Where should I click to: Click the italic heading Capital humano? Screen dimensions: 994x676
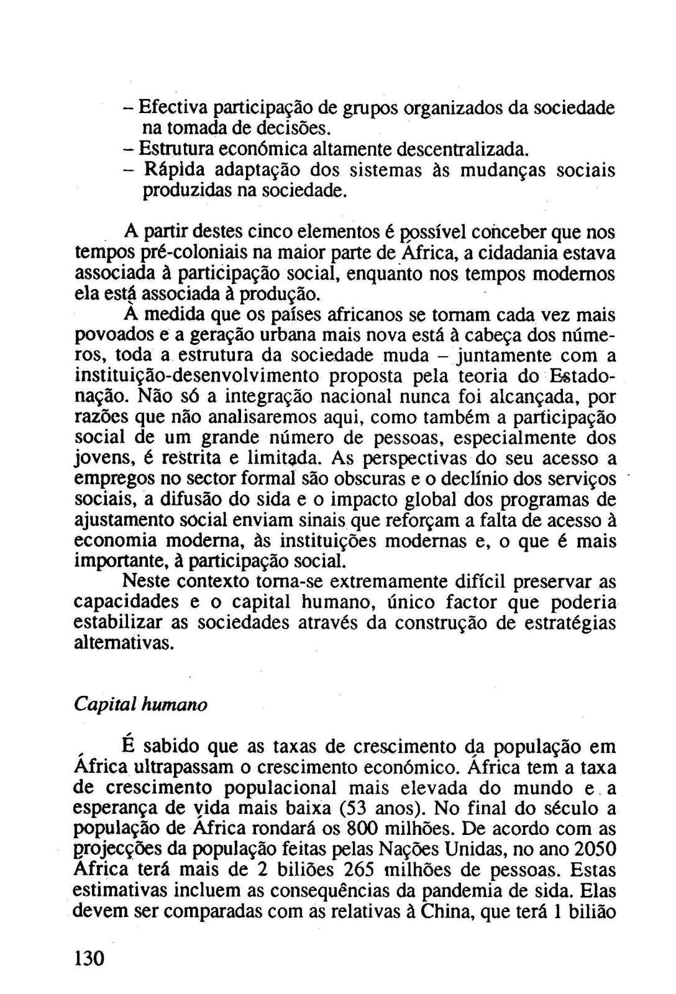(140, 704)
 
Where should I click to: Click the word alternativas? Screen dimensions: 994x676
(124, 644)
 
